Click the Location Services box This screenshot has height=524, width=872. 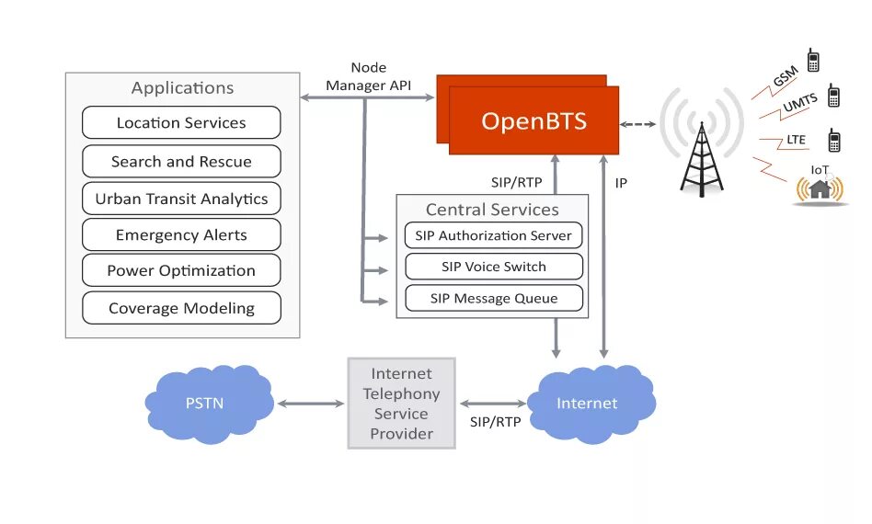[x=181, y=122]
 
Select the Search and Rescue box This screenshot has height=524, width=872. [x=181, y=161]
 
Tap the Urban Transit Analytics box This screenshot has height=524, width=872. [x=181, y=199]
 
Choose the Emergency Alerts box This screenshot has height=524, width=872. [x=181, y=234]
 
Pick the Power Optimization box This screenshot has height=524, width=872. [x=181, y=270]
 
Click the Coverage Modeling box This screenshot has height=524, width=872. [x=181, y=308]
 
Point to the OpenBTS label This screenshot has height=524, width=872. [x=534, y=121]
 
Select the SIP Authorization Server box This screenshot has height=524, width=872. [x=494, y=235]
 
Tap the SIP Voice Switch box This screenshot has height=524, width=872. [x=494, y=267]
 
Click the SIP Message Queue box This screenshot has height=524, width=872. [x=494, y=299]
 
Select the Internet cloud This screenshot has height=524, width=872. [x=591, y=404]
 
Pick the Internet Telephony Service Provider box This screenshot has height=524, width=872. [x=402, y=404]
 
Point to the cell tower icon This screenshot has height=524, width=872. [x=702, y=161]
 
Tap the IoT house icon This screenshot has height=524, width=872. [x=820, y=189]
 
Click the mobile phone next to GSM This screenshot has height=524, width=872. [x=813, y=60]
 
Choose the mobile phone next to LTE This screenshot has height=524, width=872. [x=833, y=141]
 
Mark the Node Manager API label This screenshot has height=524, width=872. [x=369, y=76]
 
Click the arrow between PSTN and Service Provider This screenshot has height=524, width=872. [x=311, y=404]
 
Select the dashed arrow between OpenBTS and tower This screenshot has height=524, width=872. [x=637, y=124]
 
